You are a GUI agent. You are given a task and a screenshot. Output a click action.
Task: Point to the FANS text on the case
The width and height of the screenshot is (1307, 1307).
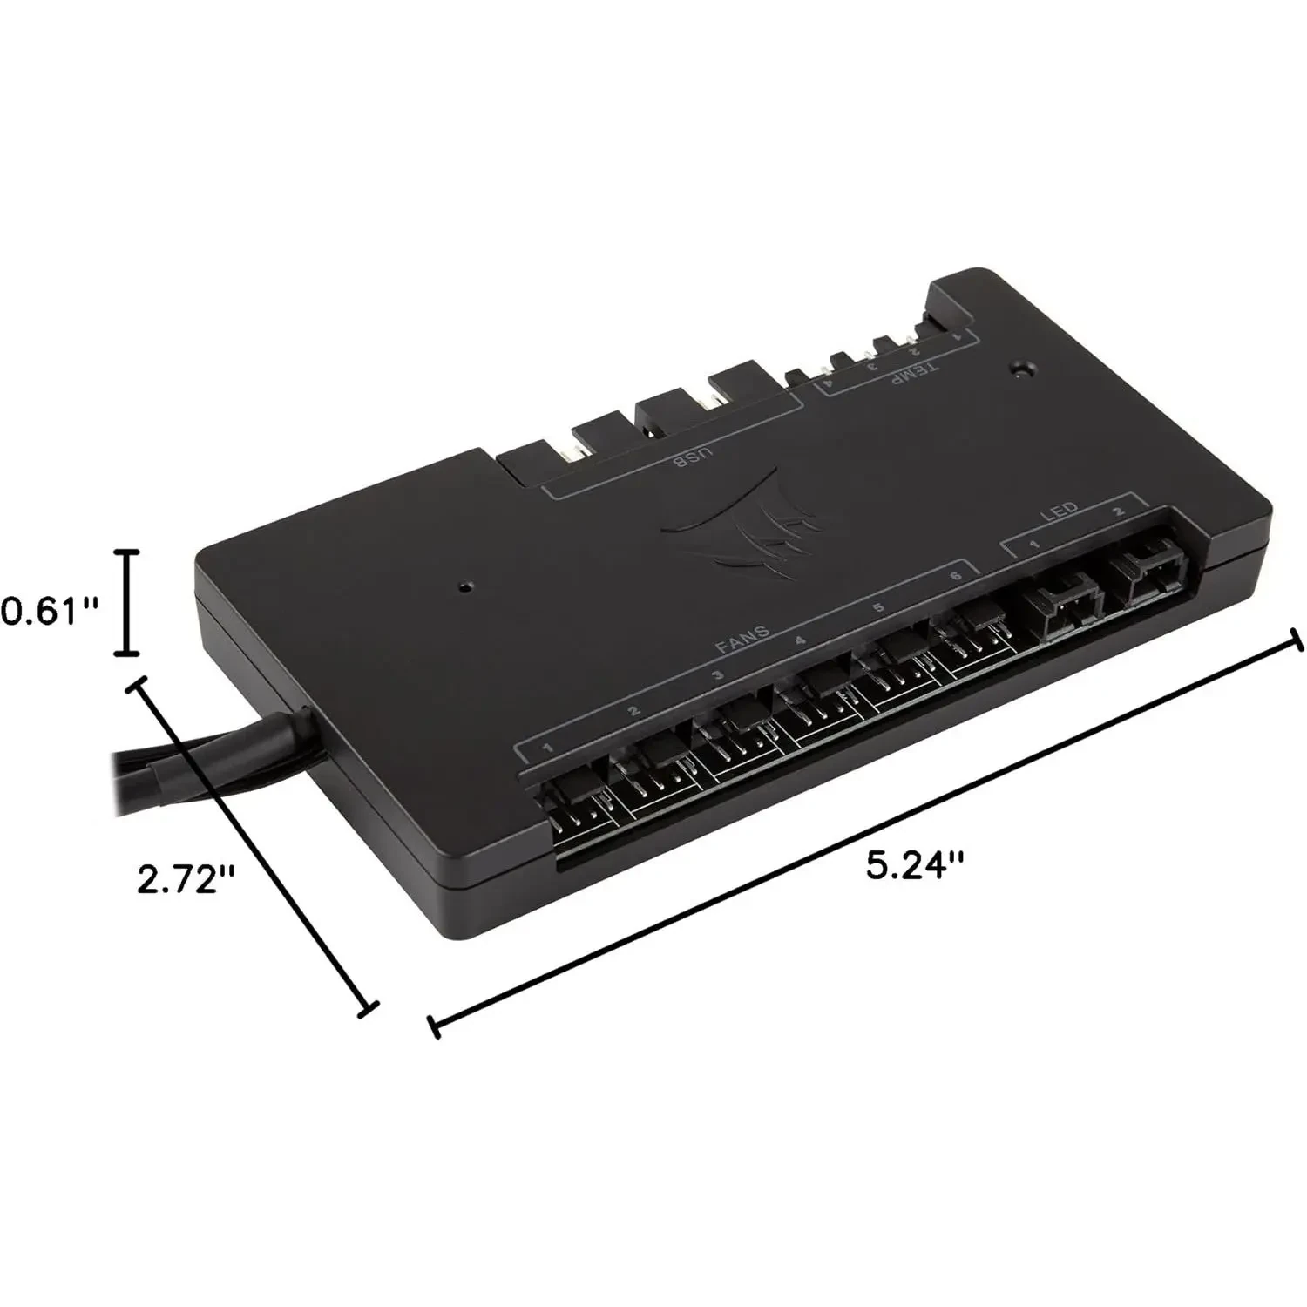[x=742, y=639]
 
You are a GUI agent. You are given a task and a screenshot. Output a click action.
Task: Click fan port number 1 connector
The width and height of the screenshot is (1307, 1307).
[x=579, y=806]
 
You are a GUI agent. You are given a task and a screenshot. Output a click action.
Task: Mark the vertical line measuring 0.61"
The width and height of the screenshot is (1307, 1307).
[x=128, y=602]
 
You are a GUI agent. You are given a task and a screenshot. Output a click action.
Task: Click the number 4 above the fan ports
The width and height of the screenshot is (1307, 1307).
[x=799, y=641]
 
